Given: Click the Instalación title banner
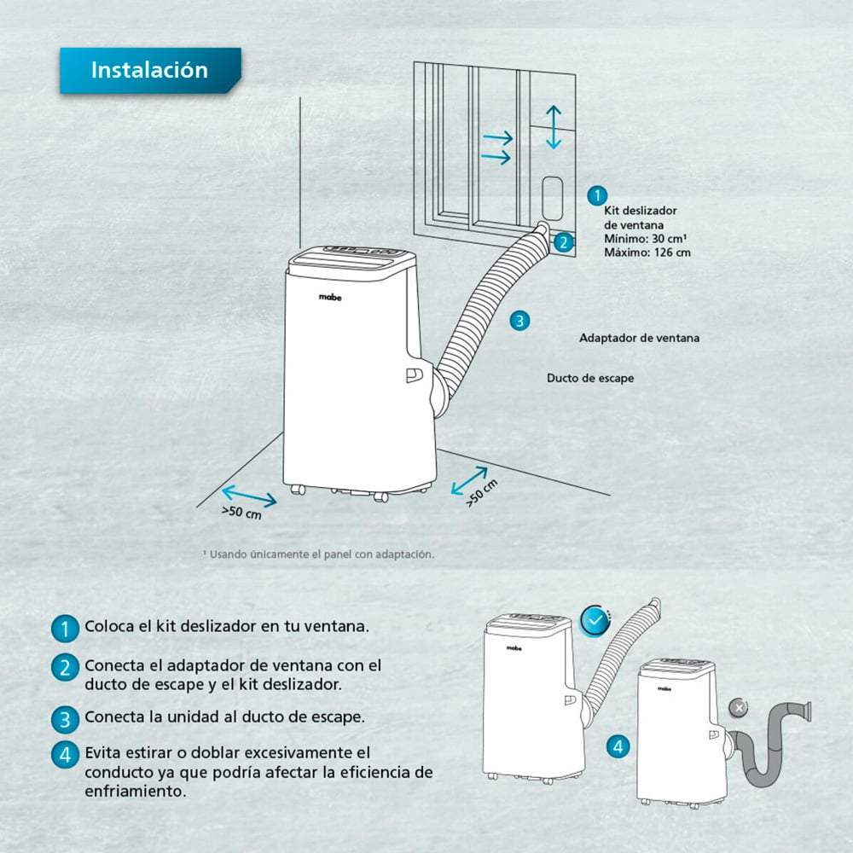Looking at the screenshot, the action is click(x=150, y=70).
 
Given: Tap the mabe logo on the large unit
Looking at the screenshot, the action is click(x=330, y=297).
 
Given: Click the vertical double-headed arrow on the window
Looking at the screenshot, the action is click(x=554, y=127).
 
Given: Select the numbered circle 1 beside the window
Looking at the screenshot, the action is click(x=597, y=195).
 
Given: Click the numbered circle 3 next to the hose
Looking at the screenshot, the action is click(x=519, y=321).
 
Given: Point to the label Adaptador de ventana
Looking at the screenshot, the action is click(x=639, y=338).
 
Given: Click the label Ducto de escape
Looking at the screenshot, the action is click(x=590, y=378).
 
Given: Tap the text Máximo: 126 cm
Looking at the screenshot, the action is click(x=647, y=252).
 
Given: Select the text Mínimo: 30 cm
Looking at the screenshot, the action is click(x=645, y=239).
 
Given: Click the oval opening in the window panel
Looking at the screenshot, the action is click(x=552, y=199).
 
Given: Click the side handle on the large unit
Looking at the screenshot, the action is click(x=414, y=374).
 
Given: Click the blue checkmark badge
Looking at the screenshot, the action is click(x=595, y=620).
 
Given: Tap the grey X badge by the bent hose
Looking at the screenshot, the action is click(x=738, y=708).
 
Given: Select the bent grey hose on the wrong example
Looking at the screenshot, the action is click(x=769, y=743).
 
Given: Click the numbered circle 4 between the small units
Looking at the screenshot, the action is click(x=618, y=746).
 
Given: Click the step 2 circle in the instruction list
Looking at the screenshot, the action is click(x=65, y=668).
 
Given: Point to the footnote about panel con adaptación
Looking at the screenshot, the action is click(x=319, y=554).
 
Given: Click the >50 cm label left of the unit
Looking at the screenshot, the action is click(x=241, y=513).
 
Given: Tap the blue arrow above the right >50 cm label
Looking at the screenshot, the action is click(x=469, y=481).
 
